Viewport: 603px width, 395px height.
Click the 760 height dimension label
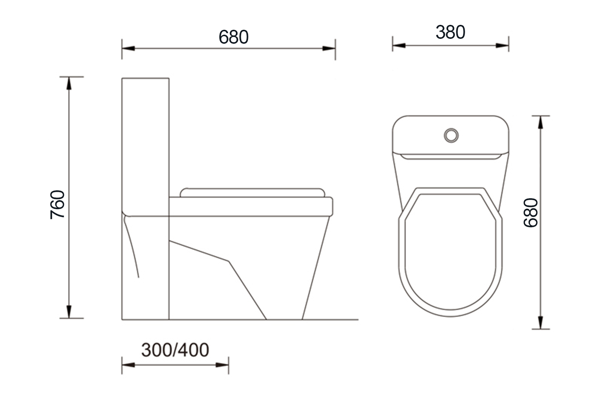[57, 205]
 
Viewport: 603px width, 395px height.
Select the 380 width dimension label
[450, 32]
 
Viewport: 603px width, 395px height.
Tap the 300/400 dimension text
[175, 350]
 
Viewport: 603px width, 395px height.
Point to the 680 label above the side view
[233, 37]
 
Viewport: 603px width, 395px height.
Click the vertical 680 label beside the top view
[531, 213]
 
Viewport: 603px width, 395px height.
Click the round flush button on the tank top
[451, 135]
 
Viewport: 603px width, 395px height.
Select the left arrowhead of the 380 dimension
[399, 46]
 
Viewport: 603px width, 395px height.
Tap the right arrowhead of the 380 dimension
[502, 46]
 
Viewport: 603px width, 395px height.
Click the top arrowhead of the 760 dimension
[69, 83]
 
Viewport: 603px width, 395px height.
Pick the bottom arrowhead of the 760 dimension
[69, 312]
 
